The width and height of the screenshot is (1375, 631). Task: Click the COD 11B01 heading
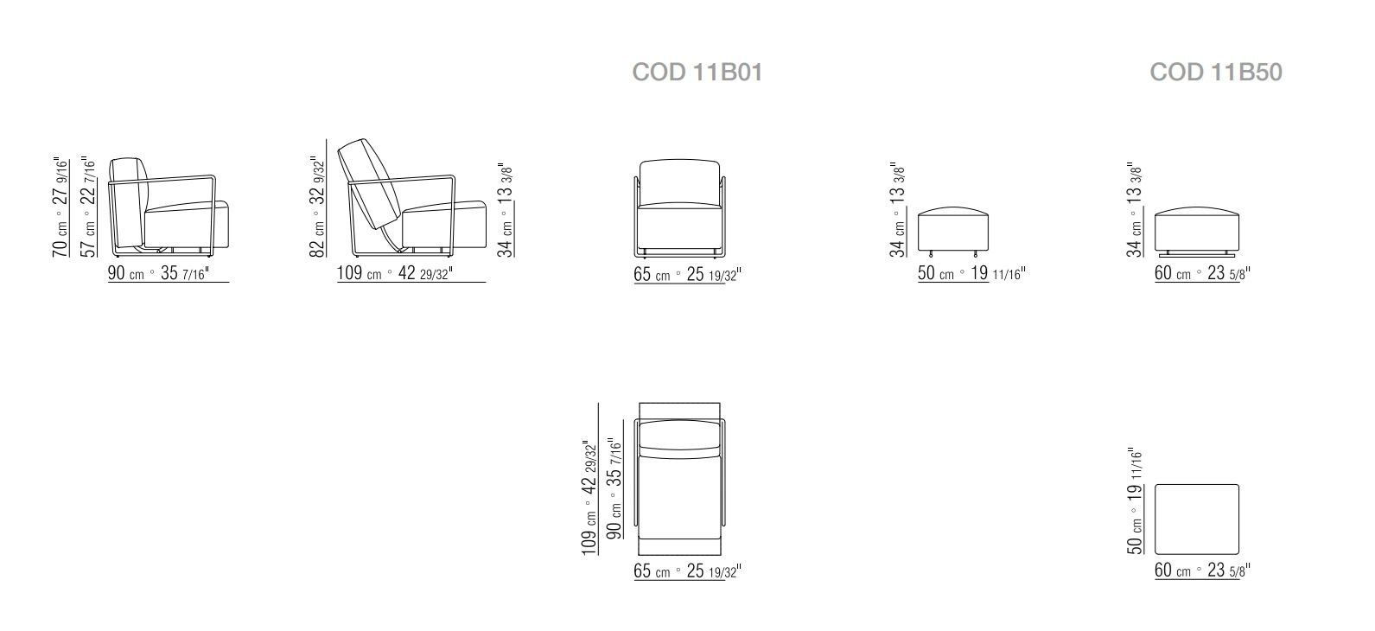[x=697, y=72]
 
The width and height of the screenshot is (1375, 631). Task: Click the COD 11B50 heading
[x=1215, y=72]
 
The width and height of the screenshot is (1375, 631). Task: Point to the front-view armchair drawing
[x=680, y=207]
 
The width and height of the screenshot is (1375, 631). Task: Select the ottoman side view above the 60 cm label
[x=1197, y=229]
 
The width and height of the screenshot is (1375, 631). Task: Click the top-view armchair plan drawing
[x=679, y=480]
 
